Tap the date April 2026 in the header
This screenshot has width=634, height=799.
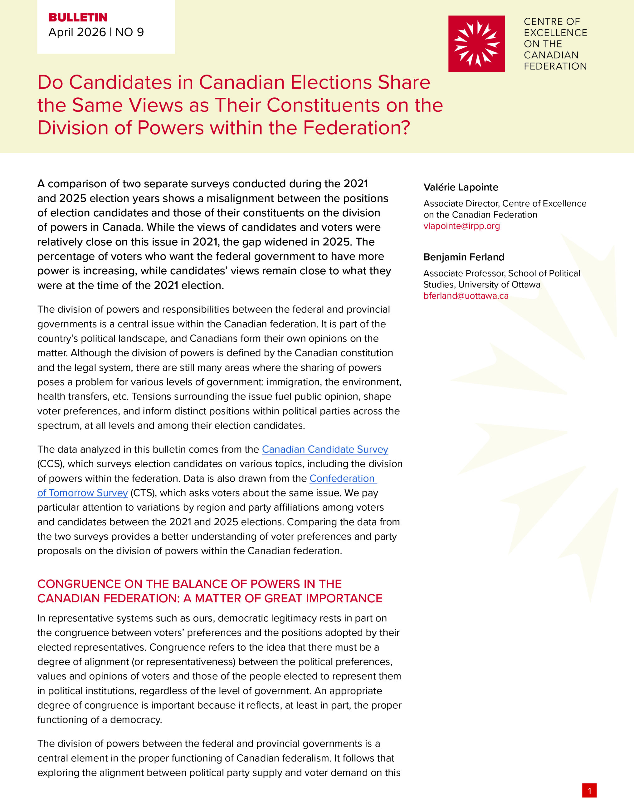[77, 32]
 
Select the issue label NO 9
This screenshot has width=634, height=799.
[129, 32]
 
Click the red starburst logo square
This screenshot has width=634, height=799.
[476, 44]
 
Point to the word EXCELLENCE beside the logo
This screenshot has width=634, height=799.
[555, 32]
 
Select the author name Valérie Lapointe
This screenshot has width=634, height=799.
[461, 187]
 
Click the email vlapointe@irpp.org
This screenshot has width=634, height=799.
[461, 226]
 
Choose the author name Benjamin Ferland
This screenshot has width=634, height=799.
[464, 257]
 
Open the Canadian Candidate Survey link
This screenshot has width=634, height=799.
[324, 449]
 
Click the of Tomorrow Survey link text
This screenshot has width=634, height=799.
[82, 493]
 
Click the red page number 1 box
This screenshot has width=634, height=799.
[589, 790]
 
